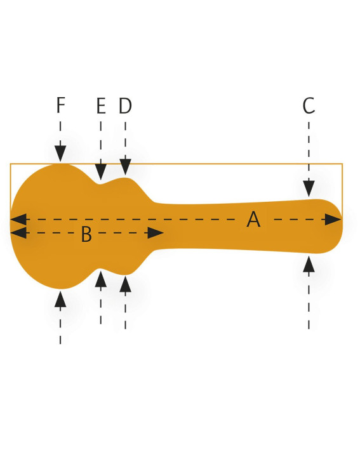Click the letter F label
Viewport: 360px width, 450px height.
click(60, 105)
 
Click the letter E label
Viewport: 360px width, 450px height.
click(101, 105)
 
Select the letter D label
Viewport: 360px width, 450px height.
click(126, 105)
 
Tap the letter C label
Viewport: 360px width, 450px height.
click(309, 105)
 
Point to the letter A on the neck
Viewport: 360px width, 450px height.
click(253, 219)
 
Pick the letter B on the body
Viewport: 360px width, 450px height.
click(86, 234)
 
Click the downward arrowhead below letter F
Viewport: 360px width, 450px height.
click(60, 154)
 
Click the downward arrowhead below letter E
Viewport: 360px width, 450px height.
click(101, 172)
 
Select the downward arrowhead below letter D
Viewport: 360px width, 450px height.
click(126, 167)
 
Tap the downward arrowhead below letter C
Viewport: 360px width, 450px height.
click(309, 189)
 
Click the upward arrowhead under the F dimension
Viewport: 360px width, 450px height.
click(60, 299)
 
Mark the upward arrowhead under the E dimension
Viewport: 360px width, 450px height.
click(101, 279)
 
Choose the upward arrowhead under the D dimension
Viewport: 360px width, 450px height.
click(126, 284)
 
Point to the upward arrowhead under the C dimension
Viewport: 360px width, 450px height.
click(309, 264)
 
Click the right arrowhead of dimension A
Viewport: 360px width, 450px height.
click(333, 220)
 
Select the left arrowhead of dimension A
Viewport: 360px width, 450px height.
click(18, 220)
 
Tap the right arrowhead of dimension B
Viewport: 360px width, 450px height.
click(156, 233)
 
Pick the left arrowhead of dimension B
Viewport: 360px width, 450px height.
click(18, 233)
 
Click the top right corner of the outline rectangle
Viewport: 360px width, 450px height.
click(342, 164)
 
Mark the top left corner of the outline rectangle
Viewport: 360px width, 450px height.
click(11, 164)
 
